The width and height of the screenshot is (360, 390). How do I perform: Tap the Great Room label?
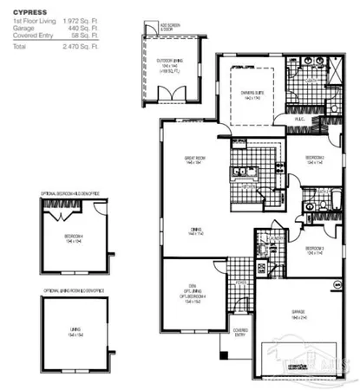[193, 158]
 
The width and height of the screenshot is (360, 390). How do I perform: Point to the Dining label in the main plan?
[194, 230]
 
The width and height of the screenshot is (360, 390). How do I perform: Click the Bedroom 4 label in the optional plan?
[73, 237]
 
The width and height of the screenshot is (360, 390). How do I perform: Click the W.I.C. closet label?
[298, 119]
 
